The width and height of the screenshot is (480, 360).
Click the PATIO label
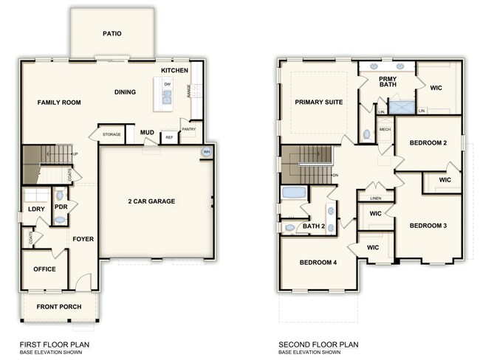point(112,33)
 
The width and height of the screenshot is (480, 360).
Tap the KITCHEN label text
point(174,70)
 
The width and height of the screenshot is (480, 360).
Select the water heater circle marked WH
point(207,152)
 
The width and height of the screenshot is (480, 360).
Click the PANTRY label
point(188,129)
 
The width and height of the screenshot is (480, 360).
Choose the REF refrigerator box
point(169,137)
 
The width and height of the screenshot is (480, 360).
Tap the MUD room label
point(148,133)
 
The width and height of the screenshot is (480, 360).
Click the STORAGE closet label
point(112,135)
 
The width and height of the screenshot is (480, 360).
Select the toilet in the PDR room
point(60,198)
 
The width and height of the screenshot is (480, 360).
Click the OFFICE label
point(44,269)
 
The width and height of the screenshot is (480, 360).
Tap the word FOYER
point(82,239)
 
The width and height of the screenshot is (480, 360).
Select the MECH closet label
point(384,129)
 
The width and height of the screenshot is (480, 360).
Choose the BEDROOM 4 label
point(319,263)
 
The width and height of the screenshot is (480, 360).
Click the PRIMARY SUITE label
point(318,102)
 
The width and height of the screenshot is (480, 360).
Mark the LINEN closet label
point(376,198)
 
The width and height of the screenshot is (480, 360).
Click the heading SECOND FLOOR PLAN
point(318,344)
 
